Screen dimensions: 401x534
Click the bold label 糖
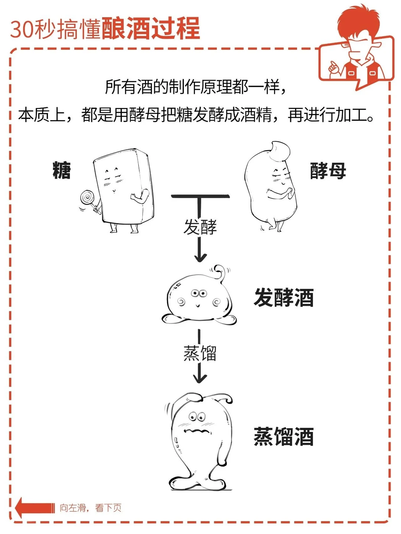62,171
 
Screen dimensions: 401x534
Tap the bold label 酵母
328,171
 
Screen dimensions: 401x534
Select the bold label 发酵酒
284,298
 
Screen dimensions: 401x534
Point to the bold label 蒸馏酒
284,436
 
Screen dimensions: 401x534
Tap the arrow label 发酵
200,227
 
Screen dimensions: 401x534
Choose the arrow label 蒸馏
200,353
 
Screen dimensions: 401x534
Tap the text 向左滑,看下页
91,508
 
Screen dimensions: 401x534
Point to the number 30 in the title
22,29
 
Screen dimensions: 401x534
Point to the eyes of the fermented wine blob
199,294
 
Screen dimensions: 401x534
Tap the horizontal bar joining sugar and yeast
200,196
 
